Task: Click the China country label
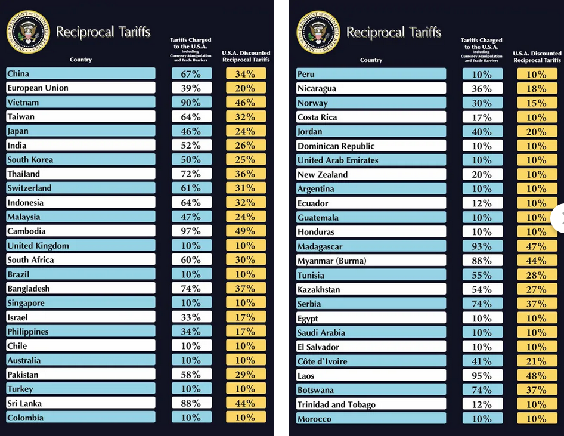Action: (18, 73)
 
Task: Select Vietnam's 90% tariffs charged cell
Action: (192, 103)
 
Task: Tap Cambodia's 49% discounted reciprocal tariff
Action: (246, 231)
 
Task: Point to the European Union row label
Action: (38, 88)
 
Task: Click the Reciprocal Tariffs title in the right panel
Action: (393, 32)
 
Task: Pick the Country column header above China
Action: (80, 60)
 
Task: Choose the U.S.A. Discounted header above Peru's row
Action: (537, 57)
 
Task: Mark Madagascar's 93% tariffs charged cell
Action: (482, 246)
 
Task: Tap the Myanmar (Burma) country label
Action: (331, 261)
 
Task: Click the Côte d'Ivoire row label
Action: (322, 361)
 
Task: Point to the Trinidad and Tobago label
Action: (336, 404)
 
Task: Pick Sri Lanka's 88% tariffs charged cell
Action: (192, 404)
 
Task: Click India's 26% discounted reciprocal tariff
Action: (246, 146)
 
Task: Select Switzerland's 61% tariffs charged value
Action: (192, 188)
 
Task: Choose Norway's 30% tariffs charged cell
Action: (482, 103)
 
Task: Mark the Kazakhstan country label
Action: (319, 289)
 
